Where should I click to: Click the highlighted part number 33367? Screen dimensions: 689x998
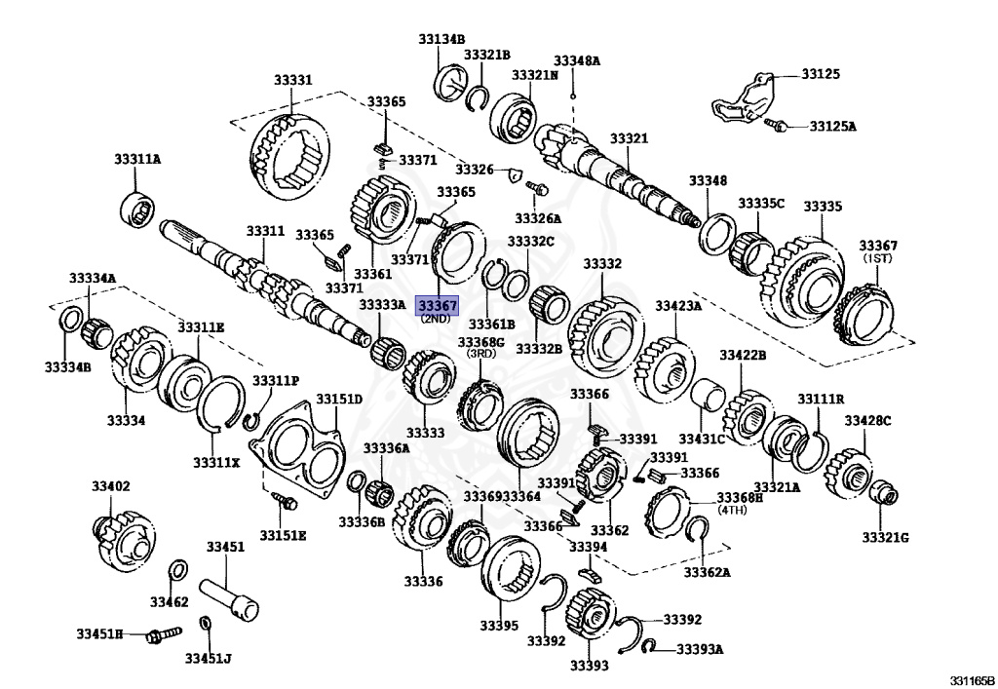click(x=437, y=305)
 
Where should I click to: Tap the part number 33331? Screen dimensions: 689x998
click(x=292, y=79)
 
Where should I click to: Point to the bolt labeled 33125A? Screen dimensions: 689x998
click(x=775, y=125)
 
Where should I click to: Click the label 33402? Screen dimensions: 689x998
click(x=110, y=485)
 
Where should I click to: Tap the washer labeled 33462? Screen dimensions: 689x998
click(x=179, y=570)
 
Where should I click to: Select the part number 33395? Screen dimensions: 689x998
click(x=499, y=625)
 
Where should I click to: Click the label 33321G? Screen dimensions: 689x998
click(x=884, y=537)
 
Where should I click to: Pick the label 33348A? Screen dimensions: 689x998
click(x=577, y=60)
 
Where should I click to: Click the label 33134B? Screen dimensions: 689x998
click(x=441, y=39)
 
